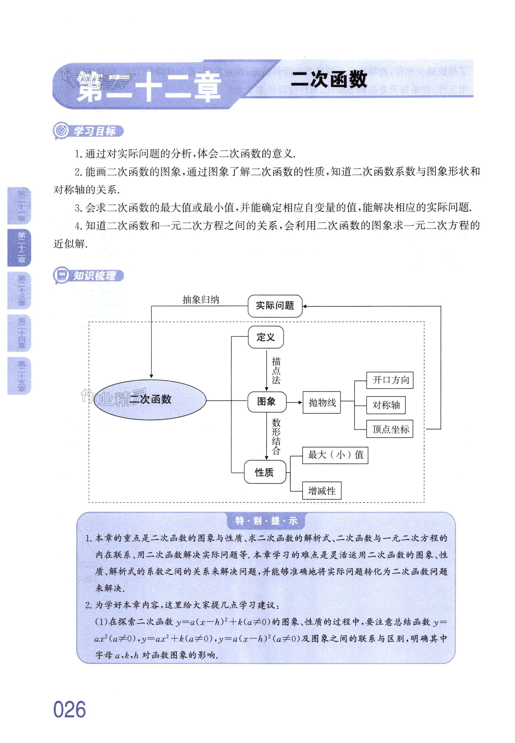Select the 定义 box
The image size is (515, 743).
[x=265, y=337]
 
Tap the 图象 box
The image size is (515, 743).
[x=267, y=402]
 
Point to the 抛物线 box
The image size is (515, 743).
[x=321, y=402]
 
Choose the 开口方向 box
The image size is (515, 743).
[x=390, y=380]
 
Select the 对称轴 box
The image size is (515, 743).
[x=386, y=405]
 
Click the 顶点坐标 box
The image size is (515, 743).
[x=390, y=429]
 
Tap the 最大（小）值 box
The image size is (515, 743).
[x=335, y=455]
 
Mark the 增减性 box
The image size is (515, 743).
[x=321, y=491]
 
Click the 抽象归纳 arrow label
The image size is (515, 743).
[x=200, y=300]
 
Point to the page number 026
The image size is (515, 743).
[x=69, y=710]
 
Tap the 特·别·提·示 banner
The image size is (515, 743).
[x=266, y=521]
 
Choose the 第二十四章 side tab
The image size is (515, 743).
[x=20, y=333]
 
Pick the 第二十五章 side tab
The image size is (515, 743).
[x=20, y=376]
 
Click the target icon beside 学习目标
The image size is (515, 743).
[x=61, y=131]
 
